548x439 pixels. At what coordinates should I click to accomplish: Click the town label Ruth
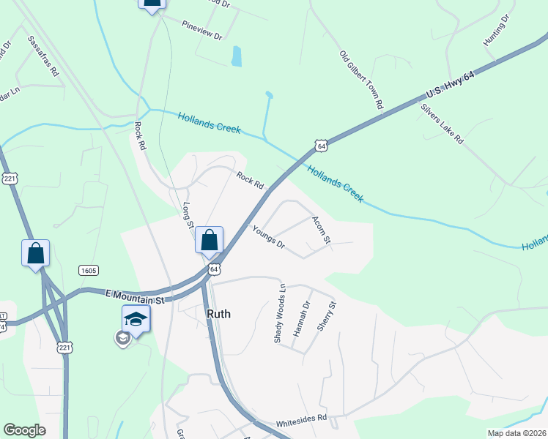tap(218, 314)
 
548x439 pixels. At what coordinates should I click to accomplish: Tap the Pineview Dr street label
tap(203, 34)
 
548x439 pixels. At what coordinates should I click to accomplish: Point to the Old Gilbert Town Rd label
tap(361, 80)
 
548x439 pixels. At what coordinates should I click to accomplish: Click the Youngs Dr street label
tap(268, 237)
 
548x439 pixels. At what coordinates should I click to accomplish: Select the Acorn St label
tap(322, 230)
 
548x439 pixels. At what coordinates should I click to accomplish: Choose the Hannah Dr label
tap(297, 319)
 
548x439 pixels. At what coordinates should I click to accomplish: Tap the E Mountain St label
tap(133, 296)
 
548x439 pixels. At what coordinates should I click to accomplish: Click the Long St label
tap(187, 214)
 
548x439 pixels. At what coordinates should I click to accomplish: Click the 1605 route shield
tap(89, 271)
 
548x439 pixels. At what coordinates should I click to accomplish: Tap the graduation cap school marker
tap(136, 319)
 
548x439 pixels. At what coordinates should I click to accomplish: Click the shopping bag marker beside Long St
tap(210, 240)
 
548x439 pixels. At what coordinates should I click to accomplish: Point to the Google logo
tap(24, 430)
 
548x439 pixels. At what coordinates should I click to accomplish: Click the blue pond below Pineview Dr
tap(236, 56)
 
